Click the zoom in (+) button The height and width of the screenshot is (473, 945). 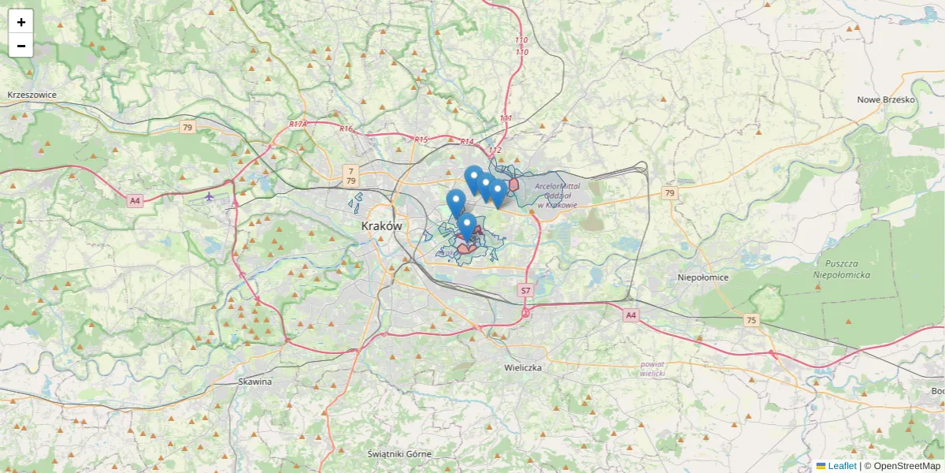[21, 22]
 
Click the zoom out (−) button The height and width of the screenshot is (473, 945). [21, 46]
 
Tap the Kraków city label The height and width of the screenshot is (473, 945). [382, 226]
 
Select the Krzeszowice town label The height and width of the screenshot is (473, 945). [32, 95]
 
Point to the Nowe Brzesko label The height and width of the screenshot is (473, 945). [886, 100]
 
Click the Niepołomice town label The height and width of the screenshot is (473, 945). [703, 277]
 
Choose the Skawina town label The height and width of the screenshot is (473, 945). [254, 382]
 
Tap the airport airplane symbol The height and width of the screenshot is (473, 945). [209, 196]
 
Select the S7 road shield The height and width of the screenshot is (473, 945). [525, 291]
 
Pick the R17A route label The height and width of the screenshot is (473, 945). [298, 124]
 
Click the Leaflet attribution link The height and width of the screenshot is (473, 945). [842, 466]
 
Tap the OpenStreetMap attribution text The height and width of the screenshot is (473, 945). [902, 466]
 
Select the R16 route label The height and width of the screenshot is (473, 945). [346, 128]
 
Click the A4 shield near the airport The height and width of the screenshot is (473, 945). [135, 201]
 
